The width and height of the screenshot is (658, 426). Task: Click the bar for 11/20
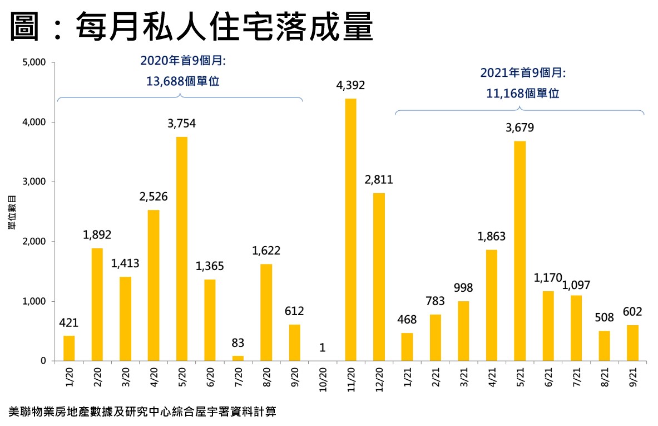pyautogui.click(x=350, y=229)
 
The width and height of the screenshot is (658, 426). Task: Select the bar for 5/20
pyautogui.click(x=181, y=249)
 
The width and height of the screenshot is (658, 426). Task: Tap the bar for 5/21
pyautogui.click(x=520, y=251)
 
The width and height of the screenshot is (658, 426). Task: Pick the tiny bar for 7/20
pyautogui.click(x=238, y=358)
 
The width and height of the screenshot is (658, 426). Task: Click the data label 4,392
pyautogui.click(x=350, y=85)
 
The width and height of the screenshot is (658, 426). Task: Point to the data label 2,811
pyautogui.click(x=379, y=180)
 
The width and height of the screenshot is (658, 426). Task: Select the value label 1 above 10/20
pyautogui.click(x=322, y=348)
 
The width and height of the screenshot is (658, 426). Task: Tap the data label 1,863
pyautogui.click(x=491, y=237)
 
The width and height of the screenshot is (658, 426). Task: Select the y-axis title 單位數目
pyautogui.click(x=11, y=212)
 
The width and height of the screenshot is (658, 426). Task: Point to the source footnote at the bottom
pyautogui.click(x=142, y=413)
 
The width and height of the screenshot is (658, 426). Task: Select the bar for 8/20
pyautogui.click(x=266, y=312)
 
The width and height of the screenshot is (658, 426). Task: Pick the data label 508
pyautogui.click(x=604, y=318)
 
